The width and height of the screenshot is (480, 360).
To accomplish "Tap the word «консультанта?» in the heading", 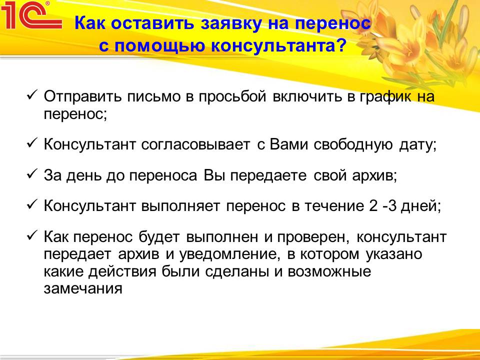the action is [x=278, y=46].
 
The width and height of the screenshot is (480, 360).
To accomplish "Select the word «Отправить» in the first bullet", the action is [x=81, y=96].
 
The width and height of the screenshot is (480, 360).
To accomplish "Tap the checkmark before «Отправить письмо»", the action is [x=32, y=95].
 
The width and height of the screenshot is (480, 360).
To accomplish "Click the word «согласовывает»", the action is [x=195, y=144].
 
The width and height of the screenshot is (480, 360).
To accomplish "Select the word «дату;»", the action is [x=417, y=145].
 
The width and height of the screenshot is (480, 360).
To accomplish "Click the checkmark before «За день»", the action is [x=32, y=174].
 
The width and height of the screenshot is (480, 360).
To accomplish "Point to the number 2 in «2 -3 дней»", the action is [x=373, y=205].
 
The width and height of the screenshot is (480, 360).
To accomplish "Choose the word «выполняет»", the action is [x=180, y=206].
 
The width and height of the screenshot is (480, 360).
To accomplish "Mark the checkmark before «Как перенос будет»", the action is [x=32, y=235].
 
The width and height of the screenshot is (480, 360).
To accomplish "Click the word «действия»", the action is [x=122, y=272].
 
